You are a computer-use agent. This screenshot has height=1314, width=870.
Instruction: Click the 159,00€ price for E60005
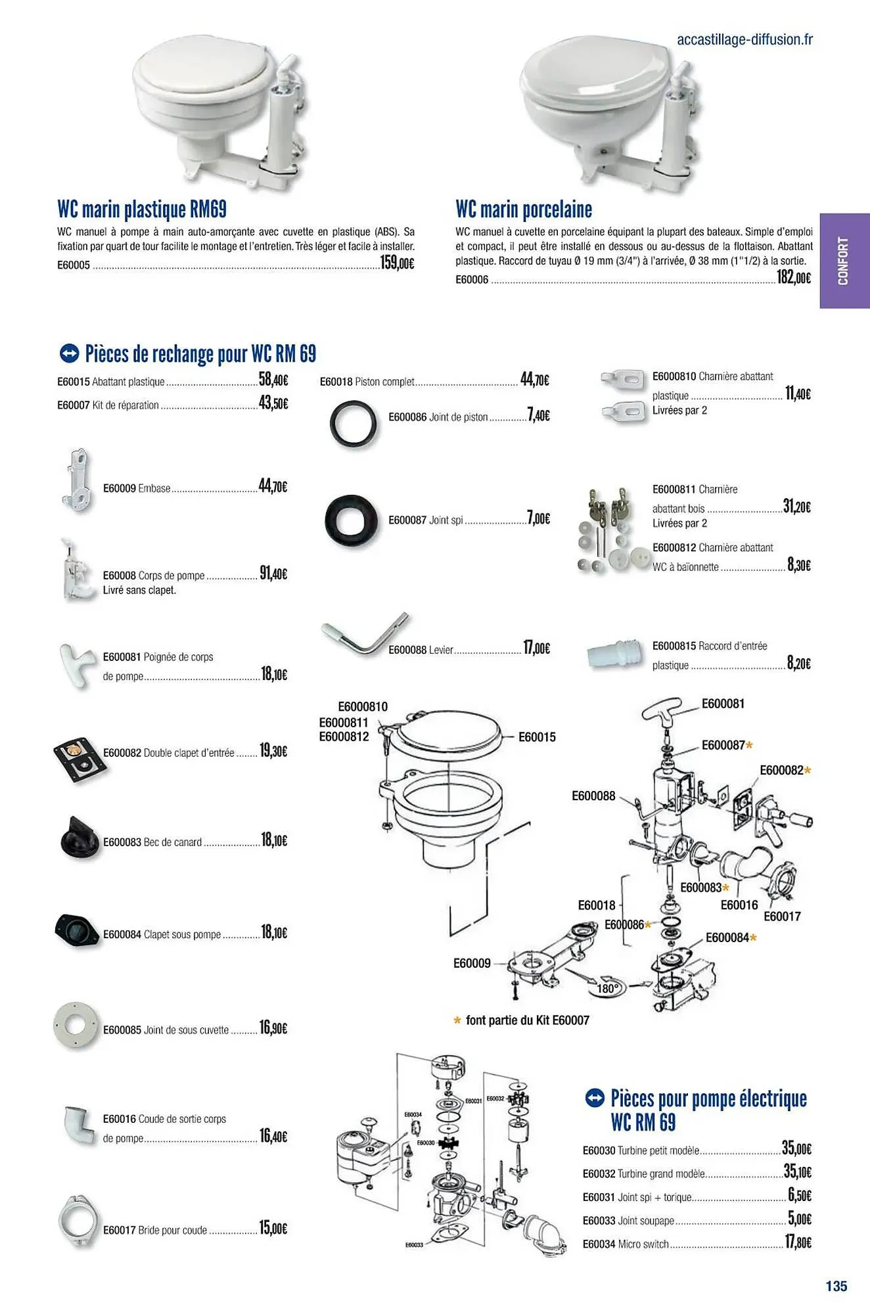pos(398,263)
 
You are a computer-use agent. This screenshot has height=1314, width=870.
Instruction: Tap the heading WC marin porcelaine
pos(524,210)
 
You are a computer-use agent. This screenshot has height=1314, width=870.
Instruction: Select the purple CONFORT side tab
pos(844,261)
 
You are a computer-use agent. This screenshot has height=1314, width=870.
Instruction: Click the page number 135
pos(836,1286)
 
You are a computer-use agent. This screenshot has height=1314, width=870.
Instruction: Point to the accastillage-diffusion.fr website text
pos(744,39)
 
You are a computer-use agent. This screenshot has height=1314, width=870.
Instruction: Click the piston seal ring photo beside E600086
pos(354,424)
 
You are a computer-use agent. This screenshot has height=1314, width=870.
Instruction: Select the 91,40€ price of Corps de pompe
pos(273,574)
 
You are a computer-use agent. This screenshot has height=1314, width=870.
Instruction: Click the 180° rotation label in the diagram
pos(608,988)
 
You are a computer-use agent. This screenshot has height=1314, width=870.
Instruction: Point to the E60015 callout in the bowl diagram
pos(537,737)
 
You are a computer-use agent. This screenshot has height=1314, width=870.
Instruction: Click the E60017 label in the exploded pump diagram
pos(782,916)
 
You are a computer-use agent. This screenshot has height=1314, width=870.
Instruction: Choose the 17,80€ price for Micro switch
pos(799,1242)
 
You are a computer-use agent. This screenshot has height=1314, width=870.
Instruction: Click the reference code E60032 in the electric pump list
pos(599,1173)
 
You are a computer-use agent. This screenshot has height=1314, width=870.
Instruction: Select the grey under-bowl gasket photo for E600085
pos(76,1026)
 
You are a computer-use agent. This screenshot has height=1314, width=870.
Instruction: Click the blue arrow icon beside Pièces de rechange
pos(68,353)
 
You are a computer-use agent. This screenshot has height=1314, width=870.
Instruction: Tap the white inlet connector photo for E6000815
pos(614,654)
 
